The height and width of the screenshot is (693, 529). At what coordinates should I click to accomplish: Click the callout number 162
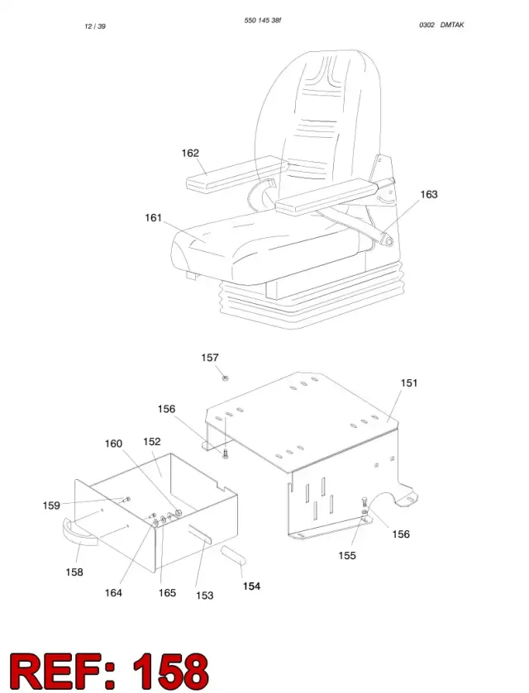click(x=190, y=153)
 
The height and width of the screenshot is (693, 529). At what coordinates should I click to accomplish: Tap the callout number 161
click(x=154, y=217)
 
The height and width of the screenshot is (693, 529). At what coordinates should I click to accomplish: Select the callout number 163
click(x=429, y=194)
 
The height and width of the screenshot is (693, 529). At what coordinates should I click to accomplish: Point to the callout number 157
click(x=210, y=358)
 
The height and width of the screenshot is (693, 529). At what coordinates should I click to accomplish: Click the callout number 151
click(x=409, y=382)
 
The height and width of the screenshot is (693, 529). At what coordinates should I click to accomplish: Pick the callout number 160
click(x=113, y=444)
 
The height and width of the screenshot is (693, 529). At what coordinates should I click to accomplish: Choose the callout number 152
click(x=152, y=442)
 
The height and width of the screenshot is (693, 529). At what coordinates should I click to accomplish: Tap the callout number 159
click(x=51, y=506)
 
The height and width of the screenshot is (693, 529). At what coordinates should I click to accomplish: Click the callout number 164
click(x=113, y=593)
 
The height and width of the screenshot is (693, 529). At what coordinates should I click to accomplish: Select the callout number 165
click(x=167, y=593)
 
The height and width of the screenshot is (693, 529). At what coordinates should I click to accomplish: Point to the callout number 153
click(x=205, y=596)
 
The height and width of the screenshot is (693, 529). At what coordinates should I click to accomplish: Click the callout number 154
click(x=251, y=586)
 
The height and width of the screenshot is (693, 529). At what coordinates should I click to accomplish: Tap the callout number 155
click(x=347, y=556)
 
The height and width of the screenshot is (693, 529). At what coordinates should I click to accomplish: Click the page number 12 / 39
click(x=95, y=26)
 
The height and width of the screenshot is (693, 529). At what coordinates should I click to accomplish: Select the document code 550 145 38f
click(x=263, y=21)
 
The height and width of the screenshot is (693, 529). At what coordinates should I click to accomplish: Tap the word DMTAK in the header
click(x=452, y=25)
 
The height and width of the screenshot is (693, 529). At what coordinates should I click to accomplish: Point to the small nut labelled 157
click(x=225, y=377)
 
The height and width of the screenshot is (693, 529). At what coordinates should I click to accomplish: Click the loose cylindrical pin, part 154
click(x=234, y=555)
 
